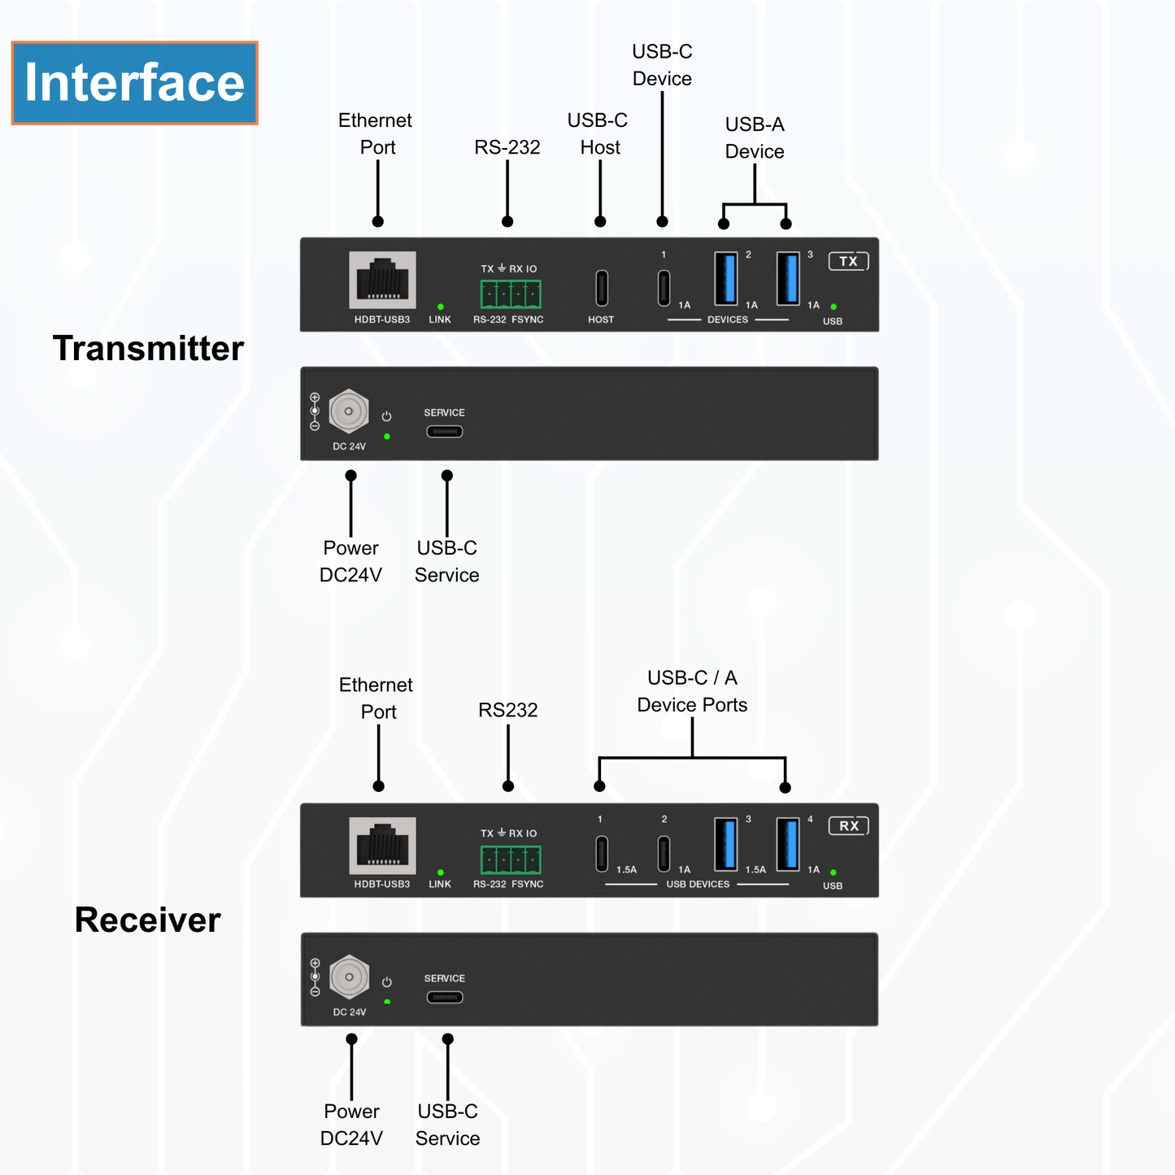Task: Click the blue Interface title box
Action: click(x=134, y=83)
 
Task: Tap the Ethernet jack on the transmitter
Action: click(x=382, y=280)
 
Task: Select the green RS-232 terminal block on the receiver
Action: click(x=511, y=859)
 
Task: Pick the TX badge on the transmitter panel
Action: click(x=848, y=261)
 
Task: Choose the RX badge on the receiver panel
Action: click(x=848, y=826)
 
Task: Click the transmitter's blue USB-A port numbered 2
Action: click(x=725, y=278)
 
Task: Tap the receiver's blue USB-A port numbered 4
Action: click(x=787, y=843)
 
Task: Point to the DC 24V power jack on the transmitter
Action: click(x=349, y=411)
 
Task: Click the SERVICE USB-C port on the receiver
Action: click(x=445, y=997)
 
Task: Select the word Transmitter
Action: click(x=148, y=348)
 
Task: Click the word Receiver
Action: click(x=147, y=920)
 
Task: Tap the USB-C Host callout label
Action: click(x=598, y=133)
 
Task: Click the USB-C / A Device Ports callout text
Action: click(x=692, y=691)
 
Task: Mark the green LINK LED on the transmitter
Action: click(x=441, y=307)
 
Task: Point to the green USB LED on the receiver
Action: click(x=833, y=873)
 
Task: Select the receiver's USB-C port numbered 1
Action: click(x=602, y=853)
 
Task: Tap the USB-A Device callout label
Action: click(x=755, y=137)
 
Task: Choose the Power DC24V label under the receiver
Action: click(x=351, y=1125)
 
